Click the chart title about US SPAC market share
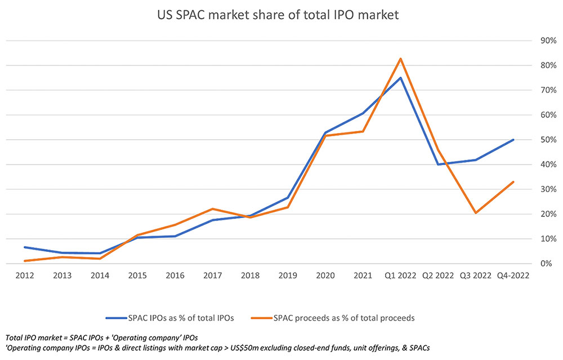click(x=278, y=16)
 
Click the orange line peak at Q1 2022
click(x=401, y=59)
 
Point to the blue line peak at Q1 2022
click(x=401, y=78)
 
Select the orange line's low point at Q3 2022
click(x=476, y=213)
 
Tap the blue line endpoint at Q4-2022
click(x=513, y=140)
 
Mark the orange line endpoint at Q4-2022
click(x=513, y=182)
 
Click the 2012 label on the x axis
click(x=25, y=276)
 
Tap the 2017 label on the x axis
click(x=212, y=276)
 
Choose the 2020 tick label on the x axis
click(x=325, y=276)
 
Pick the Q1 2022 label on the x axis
click(x=401, y=276)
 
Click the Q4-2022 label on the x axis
click(x=513, y=276)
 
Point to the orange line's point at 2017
click(x=212, y=209)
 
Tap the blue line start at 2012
click(x=25, y=247)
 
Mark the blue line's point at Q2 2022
click(x=438, y=165)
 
